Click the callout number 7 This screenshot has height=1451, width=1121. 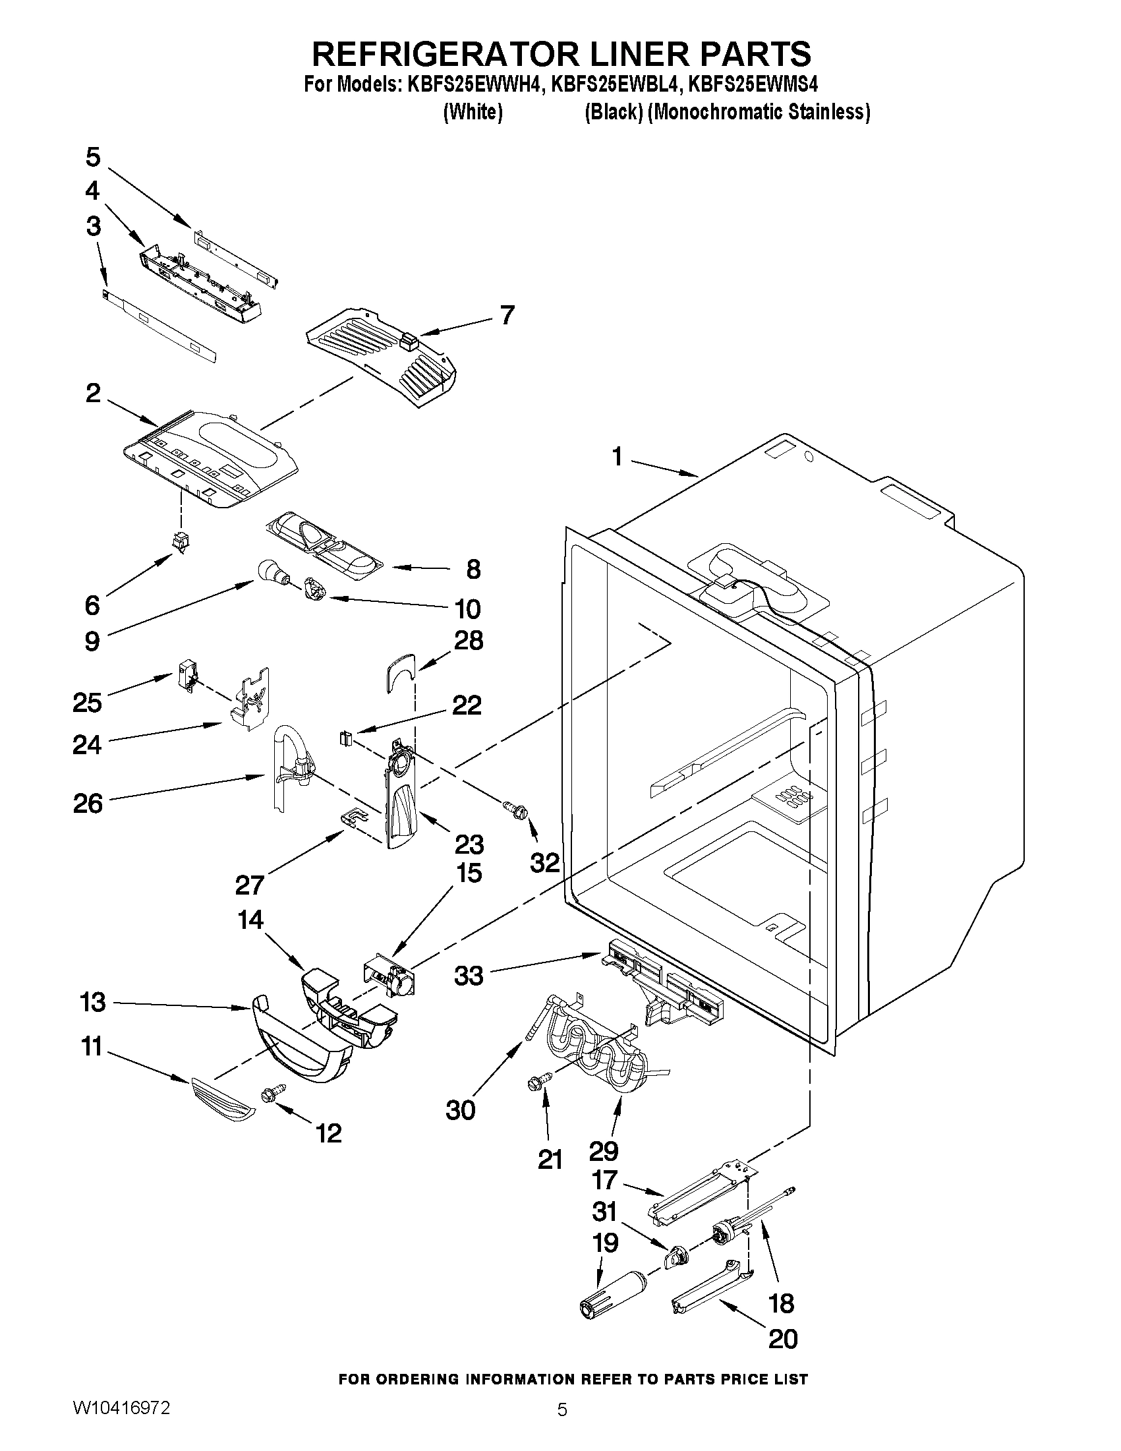point(507,314)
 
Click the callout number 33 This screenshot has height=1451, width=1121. point(469,976)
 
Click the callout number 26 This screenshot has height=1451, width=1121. point(88,804)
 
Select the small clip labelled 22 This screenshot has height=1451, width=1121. point(345,738)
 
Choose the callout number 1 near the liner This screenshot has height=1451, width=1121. point(617,457)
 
